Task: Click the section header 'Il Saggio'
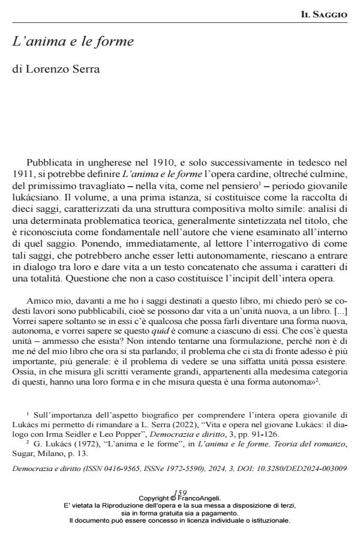point(323,14)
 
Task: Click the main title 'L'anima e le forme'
point(73,42)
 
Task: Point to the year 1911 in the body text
point(23,175)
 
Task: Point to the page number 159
point(179,493)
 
